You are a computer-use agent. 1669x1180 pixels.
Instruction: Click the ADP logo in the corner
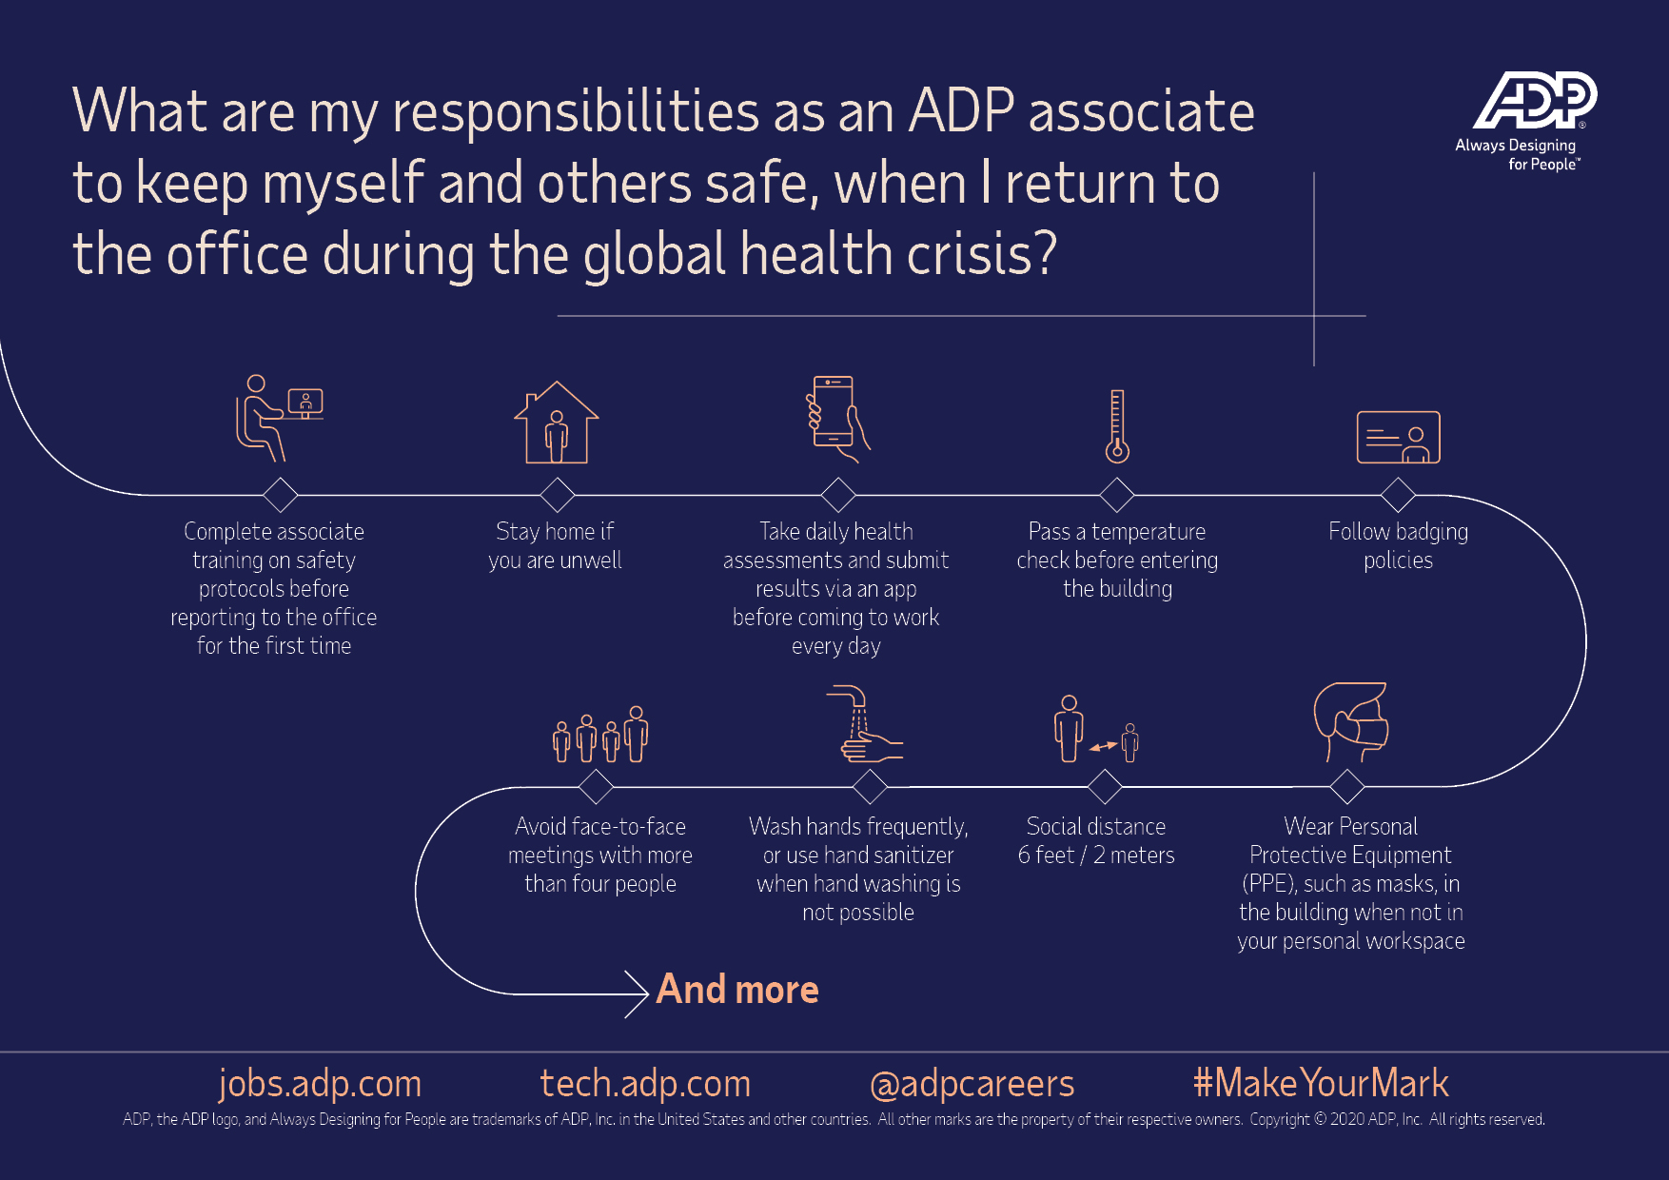1535,100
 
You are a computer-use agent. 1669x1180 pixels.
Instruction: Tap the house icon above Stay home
557,423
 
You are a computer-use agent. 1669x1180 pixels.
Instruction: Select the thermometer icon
1117,426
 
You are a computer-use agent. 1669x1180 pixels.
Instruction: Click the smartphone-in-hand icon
837,419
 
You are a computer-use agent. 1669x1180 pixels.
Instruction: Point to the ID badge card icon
1398,437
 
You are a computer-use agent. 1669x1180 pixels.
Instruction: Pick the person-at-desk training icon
280,418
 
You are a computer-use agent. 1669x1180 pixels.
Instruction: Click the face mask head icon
1350,721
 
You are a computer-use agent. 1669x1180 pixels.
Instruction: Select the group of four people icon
600,734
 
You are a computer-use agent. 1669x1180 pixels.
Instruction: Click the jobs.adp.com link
320,1084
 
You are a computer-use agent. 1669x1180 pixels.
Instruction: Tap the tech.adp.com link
645,1084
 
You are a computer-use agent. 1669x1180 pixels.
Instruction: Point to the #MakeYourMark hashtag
1321,1083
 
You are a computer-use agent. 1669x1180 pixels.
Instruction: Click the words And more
737,990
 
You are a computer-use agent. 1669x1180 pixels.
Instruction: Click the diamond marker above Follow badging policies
1398,495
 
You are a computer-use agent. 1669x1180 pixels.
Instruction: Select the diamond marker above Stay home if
557,495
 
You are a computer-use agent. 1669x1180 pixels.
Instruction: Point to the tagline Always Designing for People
1518,154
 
